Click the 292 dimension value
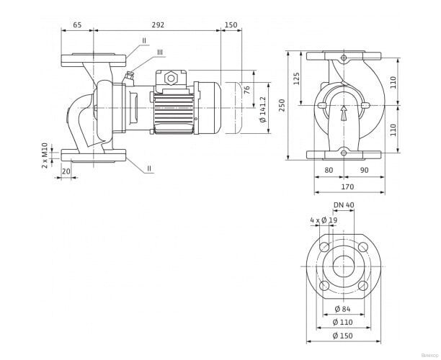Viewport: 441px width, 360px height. pos(159,24)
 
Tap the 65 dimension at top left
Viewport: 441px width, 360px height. pos(77,24)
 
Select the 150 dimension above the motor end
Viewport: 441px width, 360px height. pos(231,24)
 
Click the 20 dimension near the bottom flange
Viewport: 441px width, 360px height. pos(66,171)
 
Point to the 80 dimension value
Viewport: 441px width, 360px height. pos(329,171)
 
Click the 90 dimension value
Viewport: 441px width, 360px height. pos(365,171)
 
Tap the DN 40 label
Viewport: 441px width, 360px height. pos(344,206)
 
